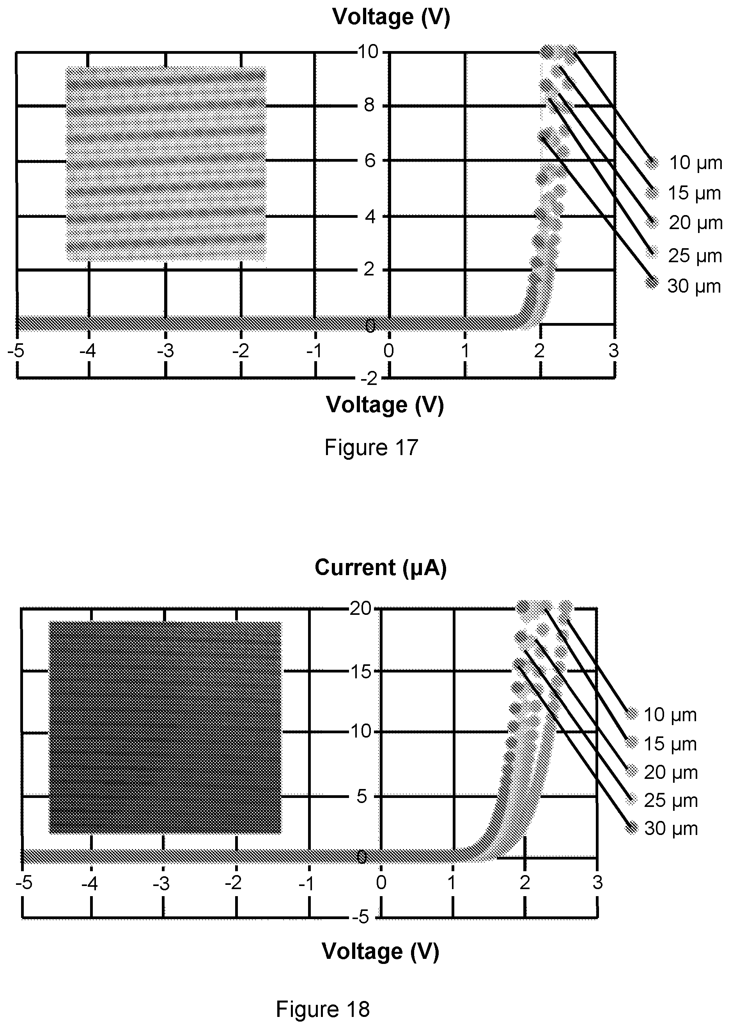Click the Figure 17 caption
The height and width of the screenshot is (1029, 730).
point(371,448)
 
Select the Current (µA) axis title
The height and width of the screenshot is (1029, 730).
point(381,568)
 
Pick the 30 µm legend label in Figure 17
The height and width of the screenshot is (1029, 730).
point(694,286)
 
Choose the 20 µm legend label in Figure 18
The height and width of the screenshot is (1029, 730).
point(671,773)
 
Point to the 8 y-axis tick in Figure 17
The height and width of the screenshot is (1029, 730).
point(369,106)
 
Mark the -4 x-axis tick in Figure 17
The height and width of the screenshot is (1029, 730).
point(88,351)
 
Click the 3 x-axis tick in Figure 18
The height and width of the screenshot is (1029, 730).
point(597,883)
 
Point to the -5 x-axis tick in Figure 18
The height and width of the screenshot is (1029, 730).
point(24,883)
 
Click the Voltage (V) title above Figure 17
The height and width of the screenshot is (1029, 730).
point(391,17)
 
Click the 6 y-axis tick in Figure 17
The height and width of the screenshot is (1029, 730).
point(370,161)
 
